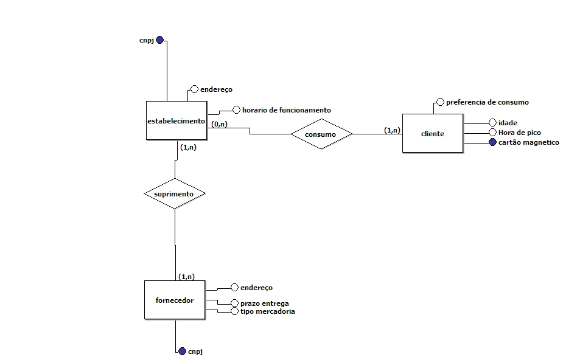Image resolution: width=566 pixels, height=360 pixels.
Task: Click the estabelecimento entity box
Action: (x=176, y=121)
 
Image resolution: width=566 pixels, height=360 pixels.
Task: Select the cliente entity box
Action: (x=432, y=133)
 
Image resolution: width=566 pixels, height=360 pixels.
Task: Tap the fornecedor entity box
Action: (x=175, y=300)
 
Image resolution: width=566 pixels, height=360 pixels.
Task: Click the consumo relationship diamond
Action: (x=321, y=134)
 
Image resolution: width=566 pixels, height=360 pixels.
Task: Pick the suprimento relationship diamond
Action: (x=175, y=194)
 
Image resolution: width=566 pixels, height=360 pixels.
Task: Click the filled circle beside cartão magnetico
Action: (x=493, y=142)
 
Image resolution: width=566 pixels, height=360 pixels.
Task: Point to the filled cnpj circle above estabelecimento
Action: (x=159, y=40)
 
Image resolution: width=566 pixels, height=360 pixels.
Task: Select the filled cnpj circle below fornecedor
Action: (x=182, y=351)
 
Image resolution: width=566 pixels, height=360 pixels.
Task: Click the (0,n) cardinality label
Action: (x=219, y=124)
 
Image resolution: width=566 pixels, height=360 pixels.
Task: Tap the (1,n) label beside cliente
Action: (x=392, y=130)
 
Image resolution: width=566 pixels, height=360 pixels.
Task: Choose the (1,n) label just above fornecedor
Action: (x=186, y=277)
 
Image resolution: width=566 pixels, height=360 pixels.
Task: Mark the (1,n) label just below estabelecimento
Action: (x=188, y=147)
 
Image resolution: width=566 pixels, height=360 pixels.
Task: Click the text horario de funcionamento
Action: (x=286, y=110)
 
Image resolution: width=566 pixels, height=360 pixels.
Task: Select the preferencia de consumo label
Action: (x=487, y=102)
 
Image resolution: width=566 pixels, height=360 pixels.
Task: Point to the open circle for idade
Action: (x=493, y=123)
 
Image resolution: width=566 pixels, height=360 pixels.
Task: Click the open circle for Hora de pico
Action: (x=493, y=133)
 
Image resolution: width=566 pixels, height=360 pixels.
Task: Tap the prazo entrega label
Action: (x=264, y=303)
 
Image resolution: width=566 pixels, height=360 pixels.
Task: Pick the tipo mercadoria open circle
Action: (x=235, y=311)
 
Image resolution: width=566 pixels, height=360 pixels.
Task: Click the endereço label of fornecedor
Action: (x=256, y=288)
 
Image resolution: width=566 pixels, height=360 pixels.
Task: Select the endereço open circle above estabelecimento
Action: (x=195, y=89)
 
